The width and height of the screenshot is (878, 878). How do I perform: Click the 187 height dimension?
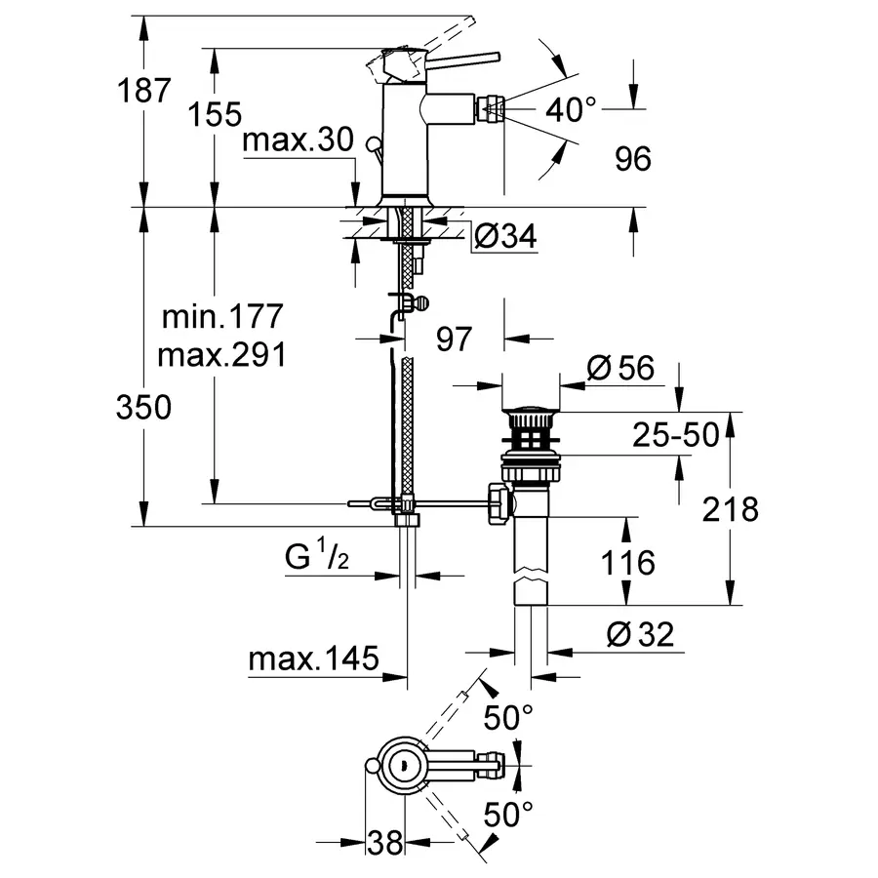tap(144, 90)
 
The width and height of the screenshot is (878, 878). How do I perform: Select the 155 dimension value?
tap(215, 114)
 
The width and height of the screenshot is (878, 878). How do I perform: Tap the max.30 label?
tap(298, 139)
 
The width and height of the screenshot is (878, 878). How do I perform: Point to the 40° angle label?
tap(571, 109)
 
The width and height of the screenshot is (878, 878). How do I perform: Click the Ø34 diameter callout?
tap(505, 236)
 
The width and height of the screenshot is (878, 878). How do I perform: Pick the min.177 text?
tap(222, 316)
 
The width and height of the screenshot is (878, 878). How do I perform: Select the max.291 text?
tap(221, 354)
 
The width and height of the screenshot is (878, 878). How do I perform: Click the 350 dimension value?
tap(144, 407)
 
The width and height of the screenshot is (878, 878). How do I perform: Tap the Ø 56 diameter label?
tap(620, 368)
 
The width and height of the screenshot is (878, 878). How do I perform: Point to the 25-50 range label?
tap(676, 434)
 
